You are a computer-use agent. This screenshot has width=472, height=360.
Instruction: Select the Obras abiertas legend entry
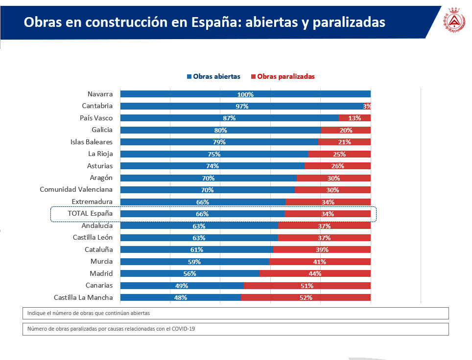(213, 76)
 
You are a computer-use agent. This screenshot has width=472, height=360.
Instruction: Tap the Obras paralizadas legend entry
(283, 76)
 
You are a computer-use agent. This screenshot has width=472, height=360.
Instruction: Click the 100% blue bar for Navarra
(245, 94)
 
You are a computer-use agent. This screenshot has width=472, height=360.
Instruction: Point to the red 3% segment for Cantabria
(367, 106)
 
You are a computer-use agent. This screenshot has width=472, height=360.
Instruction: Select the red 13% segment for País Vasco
(354, 118)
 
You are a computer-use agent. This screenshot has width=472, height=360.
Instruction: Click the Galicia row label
(102, 130)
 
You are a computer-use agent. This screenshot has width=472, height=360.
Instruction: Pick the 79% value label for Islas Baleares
(219, 142)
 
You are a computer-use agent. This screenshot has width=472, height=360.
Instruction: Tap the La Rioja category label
(100, 154)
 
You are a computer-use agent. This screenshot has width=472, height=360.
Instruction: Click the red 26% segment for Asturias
(337, 166)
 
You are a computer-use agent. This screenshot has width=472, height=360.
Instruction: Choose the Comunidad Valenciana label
(76, 190)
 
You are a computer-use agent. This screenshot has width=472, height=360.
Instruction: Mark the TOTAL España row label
(90, 214)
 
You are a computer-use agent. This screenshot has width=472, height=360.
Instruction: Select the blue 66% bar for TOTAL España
(202, 214)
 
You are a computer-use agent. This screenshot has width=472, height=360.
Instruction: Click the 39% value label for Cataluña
(322, 249)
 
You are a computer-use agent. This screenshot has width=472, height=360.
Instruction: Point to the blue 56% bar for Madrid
(189, 273)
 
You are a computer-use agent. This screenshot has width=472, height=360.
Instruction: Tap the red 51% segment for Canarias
(307, 286)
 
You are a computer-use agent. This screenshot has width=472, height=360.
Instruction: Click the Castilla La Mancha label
(83, 297)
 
